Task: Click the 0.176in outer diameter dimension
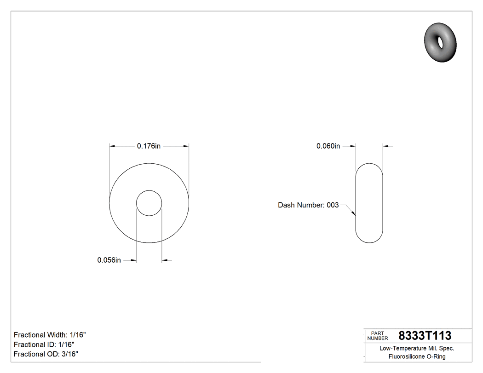(149, 146)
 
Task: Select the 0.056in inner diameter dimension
(109, 260)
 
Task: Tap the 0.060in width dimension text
(328, 146)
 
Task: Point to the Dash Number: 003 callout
(308, 205)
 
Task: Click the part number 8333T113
(425, 336)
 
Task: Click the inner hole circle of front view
(149, 202)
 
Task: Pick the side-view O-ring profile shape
(369, 203)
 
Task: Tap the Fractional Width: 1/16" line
(50, 335)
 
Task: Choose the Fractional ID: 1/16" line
(44, 344)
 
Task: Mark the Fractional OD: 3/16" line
(46, 354)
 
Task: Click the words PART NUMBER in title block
(378, 336)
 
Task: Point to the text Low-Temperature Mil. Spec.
(417, 349)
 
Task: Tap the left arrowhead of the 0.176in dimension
(112, 146)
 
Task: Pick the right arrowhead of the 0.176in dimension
(186, 146)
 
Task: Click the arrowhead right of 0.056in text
(134, 261)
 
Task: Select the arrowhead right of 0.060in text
(353, 146)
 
